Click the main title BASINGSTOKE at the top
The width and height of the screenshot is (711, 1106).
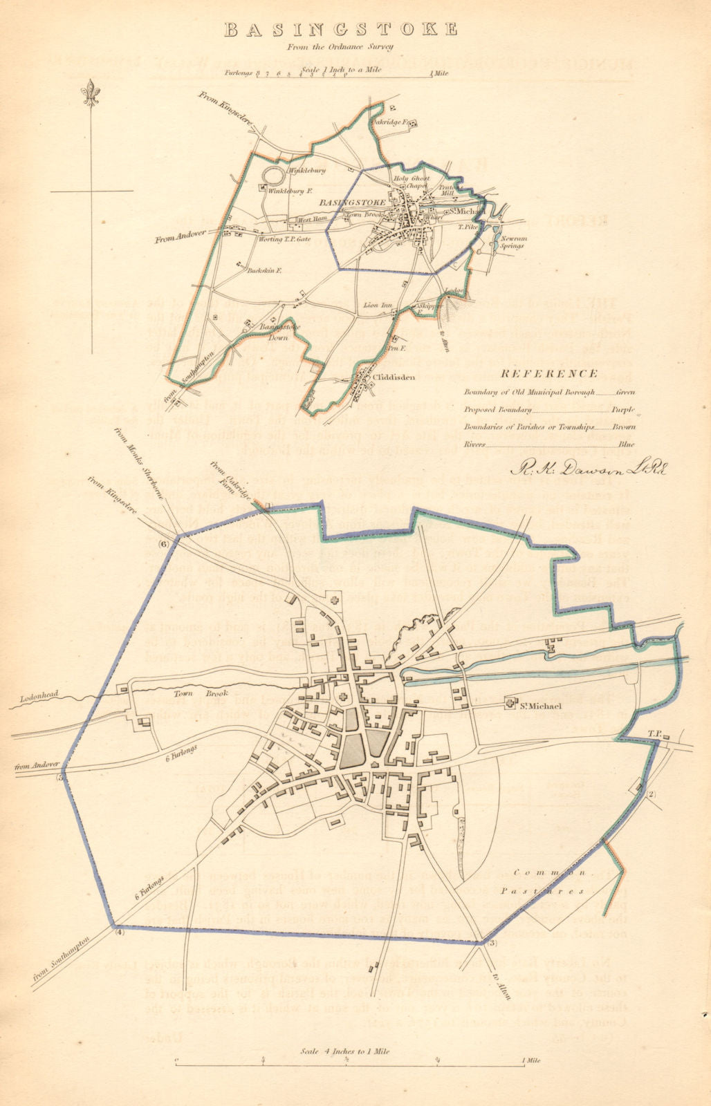[341, 30]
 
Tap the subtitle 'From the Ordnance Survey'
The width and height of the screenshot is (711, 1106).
[341, 47]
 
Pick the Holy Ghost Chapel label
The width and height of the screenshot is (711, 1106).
[412, 182]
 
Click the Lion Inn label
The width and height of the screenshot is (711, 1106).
[378, 305]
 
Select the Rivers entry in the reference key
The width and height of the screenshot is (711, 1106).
[474, 444]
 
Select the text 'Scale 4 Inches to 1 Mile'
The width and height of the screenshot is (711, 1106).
[345, 1051]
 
